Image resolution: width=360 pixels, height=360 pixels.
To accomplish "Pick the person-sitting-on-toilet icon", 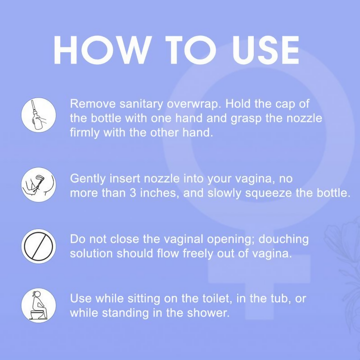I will click(x=38, y=305).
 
